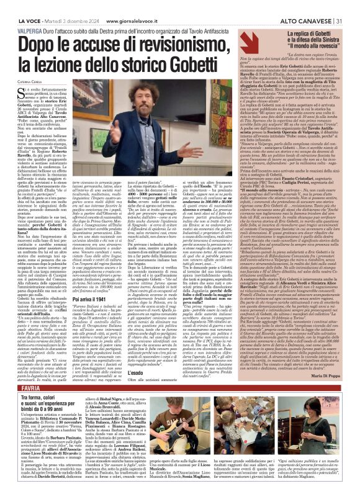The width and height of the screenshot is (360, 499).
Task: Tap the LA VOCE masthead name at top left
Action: click(x=17, y=6)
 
